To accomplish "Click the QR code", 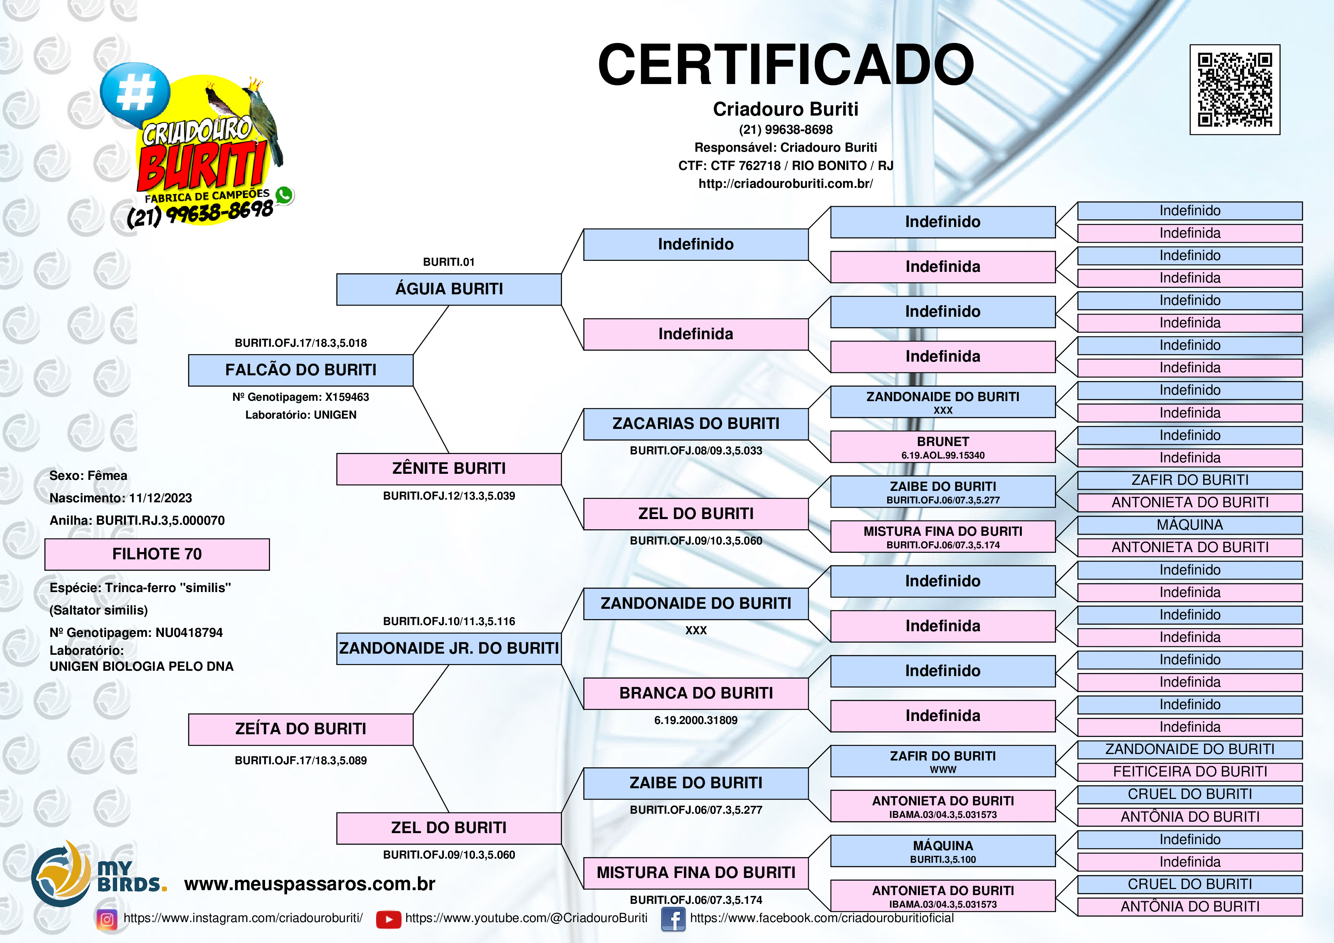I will [x=1235, y=89].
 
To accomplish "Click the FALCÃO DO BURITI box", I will [x=300, y=370].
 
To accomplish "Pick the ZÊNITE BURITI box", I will [x=449, y=469].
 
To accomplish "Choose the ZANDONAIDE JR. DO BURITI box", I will [x=449, y=648].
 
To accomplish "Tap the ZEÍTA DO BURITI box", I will [x=300, y=729].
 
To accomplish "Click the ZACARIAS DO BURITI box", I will [x=696, y=424].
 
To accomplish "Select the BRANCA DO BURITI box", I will [x=696, y=694].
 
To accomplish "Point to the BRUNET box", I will [x=942, y=447].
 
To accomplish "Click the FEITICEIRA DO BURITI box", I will [x=1189, y=772].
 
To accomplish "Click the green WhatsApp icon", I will [x=284, y=195].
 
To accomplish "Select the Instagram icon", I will [x=107, y=919].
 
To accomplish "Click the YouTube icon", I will [x=388, y=919].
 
